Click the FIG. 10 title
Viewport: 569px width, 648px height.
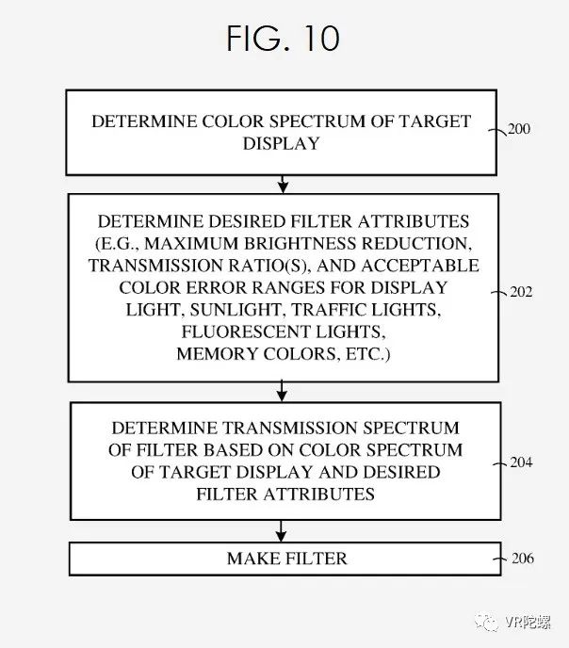click(x=283, y=39)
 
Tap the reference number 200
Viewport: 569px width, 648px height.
click(x=518, y=129)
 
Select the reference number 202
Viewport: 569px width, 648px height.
click(x=521, y=292)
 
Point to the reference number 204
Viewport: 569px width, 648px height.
click(x=521, y=462)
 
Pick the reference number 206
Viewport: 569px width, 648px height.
click(x=523, y=559)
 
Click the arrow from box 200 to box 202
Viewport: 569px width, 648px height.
click(x=283, y=185)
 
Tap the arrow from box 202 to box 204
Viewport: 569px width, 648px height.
click(x=282, y=392)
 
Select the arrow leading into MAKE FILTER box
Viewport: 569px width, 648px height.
click(x=281, y=531)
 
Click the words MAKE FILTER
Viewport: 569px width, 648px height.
click(x=287, y=559)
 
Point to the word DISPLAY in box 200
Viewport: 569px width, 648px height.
click(x=282, y=144)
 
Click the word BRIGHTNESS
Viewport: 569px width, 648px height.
click(x=300, y=243)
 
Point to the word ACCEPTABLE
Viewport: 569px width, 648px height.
click(x=420, y=266)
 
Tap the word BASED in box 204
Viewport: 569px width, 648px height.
click(x=233, y=450)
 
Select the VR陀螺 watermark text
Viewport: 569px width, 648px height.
click(x=528, y=622)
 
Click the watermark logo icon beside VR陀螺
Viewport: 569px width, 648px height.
click(x=488, y=622)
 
